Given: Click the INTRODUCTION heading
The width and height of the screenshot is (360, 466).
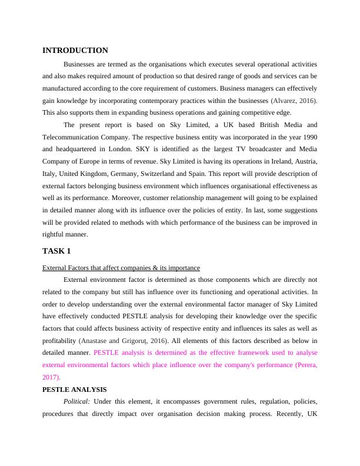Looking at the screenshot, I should pos(75,51).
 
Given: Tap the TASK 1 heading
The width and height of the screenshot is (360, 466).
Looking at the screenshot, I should pos(56,251).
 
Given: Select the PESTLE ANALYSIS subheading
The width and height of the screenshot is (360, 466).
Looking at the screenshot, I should pos(74,390).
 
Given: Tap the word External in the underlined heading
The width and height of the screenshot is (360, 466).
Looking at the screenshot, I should pos(56,268).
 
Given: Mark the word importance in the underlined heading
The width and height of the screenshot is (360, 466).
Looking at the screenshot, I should pos(181,268).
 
